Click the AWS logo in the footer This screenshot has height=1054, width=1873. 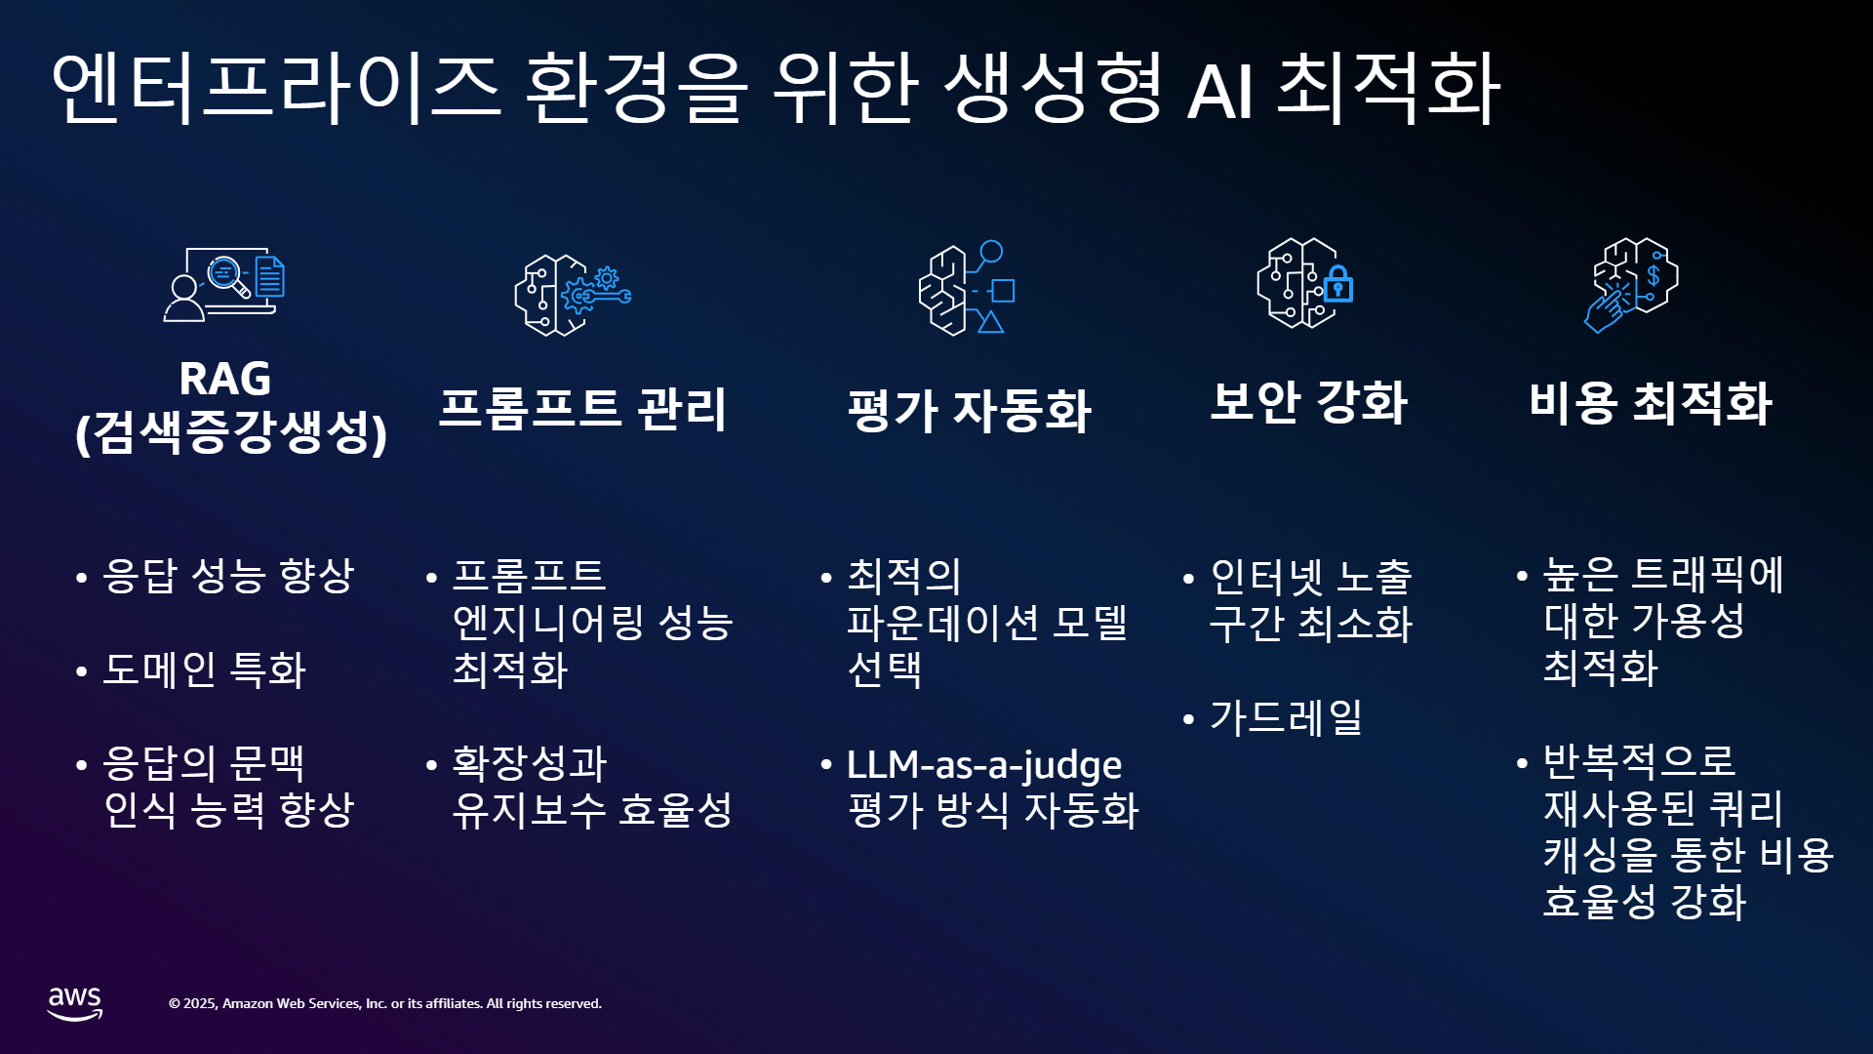tap(75, 1003)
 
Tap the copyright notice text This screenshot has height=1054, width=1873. tap(385, 1003)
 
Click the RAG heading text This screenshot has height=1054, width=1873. tap(225, 379)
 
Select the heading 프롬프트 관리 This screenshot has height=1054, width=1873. tap(582, 409)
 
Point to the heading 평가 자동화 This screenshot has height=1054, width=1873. tap(969, 410)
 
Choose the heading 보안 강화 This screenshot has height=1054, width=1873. tap(1308, 401)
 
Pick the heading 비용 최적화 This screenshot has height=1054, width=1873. tap(1650, 402)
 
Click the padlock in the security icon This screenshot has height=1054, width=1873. tap(1338, 284)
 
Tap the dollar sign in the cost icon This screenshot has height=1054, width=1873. tap(1654, 276)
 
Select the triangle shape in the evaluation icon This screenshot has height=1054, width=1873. tap(991, 322)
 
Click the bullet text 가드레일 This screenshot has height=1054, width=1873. tap(1286, 718)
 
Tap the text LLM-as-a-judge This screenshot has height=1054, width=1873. tap(984, 765)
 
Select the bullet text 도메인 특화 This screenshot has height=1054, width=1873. tap(205, 669)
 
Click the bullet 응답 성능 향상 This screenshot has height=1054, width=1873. tap(228, 576)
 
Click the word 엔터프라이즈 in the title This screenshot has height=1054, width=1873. tap(276, 88)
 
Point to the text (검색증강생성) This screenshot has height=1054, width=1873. tap(231, 432)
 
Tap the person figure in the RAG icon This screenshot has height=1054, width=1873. tap(184, 298)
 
